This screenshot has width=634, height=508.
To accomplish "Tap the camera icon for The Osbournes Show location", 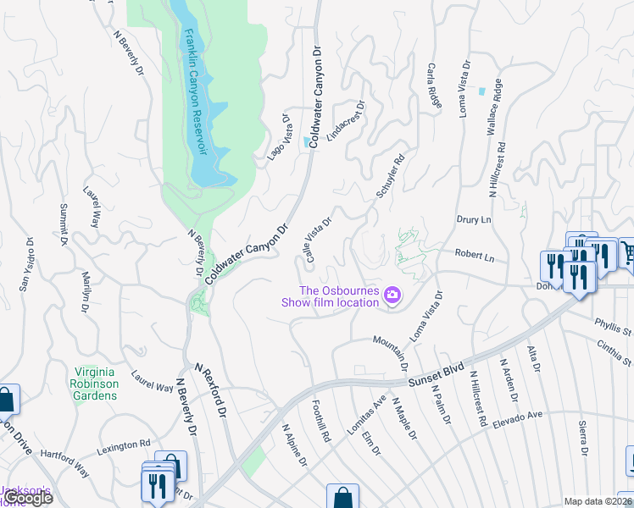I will [x=392, y=295].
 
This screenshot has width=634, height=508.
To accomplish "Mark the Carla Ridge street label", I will [x=434, y=85].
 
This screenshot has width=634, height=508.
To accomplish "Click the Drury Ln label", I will [x=473, y=219].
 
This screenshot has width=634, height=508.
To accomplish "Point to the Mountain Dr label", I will [x=391, y=348].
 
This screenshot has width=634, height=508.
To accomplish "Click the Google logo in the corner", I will [x=28, y=498].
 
